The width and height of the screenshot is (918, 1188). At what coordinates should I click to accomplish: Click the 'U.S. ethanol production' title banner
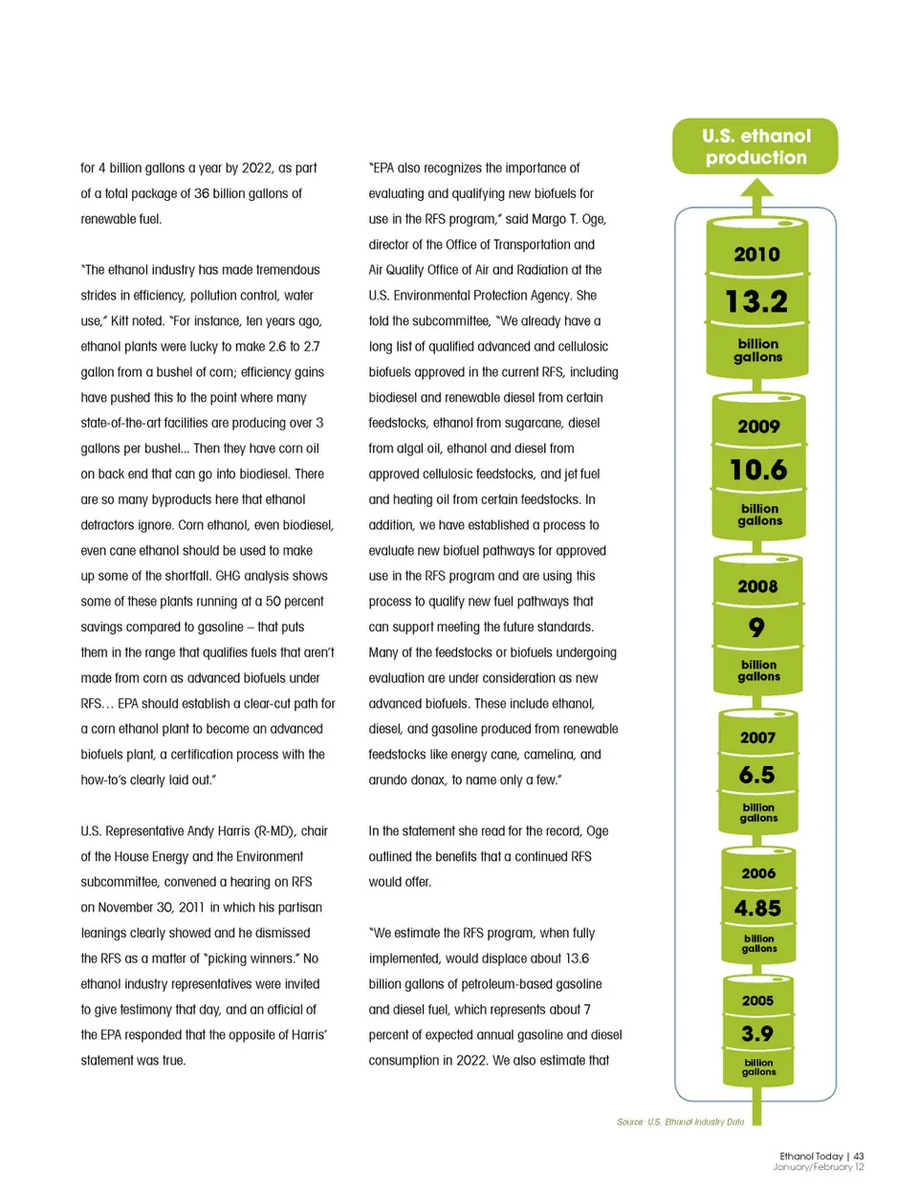pyautogui.click(x=755, y=146)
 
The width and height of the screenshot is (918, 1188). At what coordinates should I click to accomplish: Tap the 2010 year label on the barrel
pyautogui.click(x=756, y=254)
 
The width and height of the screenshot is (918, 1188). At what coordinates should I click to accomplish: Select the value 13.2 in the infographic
pyautogui.click(x=756, y=301)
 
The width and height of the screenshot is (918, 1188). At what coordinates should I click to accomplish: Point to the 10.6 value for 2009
pyautogui.click(x=758, y=470)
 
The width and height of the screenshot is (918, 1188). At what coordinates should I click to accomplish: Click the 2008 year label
pyautogui.click(x=757, y=586)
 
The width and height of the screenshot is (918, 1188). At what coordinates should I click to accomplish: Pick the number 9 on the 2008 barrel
pyautogui.click(x=756, y=627)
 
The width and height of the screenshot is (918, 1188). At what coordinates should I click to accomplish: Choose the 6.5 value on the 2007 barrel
pyautogui.click(x=756, y=775)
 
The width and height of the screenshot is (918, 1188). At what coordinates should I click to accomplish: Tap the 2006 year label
pyautogui.click(x=758, y=873)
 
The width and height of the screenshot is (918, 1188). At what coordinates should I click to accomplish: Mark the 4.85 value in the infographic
pyautogui.click(x=757, y=908)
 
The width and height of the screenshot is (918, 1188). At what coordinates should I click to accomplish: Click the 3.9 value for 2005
pyautogui.click(x=757, y=1034)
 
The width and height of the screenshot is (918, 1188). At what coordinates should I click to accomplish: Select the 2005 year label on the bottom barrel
pyautogui.click(x=757, y=1001)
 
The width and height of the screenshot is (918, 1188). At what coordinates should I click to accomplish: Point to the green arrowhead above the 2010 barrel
pyautogui.click(x=756, y=188)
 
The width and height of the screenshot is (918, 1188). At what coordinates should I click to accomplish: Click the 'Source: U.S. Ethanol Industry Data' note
pyautogui.click(x=680, y=1122)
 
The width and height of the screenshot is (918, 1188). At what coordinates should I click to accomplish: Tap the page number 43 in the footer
pyautogui.click(x=859, y=1156)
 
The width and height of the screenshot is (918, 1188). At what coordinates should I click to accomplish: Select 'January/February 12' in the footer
pyautogui.click(x=819, y=1167)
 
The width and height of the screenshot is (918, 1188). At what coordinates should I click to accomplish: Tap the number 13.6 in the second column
pyautogui.click(x=577, y=958)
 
